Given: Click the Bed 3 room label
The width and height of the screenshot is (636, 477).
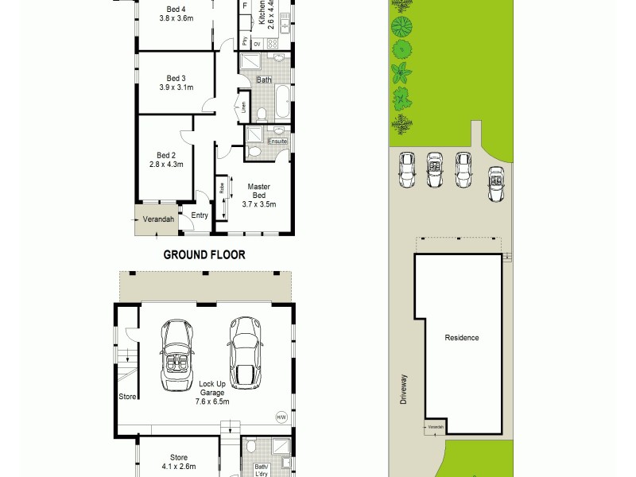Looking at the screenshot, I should [x=176, y=78].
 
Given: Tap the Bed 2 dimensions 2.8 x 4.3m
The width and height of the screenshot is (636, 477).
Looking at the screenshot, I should [x=166, y=165].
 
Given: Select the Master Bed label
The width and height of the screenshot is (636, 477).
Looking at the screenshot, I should [x=258, y=191].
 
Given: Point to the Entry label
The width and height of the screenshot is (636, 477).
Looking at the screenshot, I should [x=200, y=215].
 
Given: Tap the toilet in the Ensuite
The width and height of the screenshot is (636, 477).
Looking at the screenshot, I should [x=254, y=150].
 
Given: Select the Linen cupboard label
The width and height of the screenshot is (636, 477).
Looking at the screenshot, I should [x=243, y=106].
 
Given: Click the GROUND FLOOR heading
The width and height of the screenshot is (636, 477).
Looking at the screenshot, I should [x=204, y=255].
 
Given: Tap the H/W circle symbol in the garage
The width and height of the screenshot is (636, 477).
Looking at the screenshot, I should [x=281, y=417].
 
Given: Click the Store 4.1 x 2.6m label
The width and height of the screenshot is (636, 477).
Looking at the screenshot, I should [x=178, y=462].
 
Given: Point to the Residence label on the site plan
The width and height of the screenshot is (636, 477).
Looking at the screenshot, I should [x=462, y=338].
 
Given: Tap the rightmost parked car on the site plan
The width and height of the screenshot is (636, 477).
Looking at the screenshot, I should [x=496, y=184].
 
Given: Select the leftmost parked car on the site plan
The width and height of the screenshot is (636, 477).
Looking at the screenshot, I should [x=407, y=169].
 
